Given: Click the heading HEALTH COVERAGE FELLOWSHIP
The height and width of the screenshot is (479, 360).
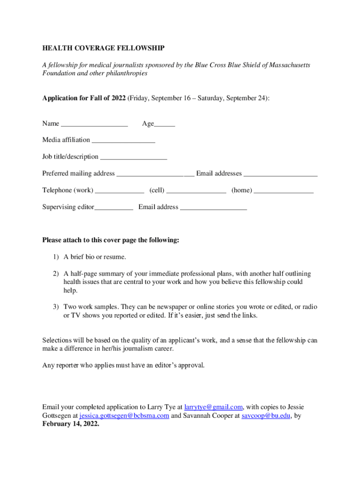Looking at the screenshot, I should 103,48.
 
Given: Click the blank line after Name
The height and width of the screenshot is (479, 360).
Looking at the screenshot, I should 94,125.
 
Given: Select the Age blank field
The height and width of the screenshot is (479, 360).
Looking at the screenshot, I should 165,125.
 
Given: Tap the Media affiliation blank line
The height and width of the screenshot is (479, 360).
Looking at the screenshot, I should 123,141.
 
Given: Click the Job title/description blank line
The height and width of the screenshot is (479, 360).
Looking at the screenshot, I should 134,158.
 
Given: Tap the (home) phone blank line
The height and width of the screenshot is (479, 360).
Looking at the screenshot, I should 284,191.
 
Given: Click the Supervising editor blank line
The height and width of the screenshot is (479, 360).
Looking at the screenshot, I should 114,208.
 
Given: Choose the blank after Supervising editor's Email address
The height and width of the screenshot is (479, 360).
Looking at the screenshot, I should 214,208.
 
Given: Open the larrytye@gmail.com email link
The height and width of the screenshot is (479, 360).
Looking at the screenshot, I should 214,407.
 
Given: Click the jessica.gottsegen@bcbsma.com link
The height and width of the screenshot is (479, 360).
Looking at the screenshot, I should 124,416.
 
